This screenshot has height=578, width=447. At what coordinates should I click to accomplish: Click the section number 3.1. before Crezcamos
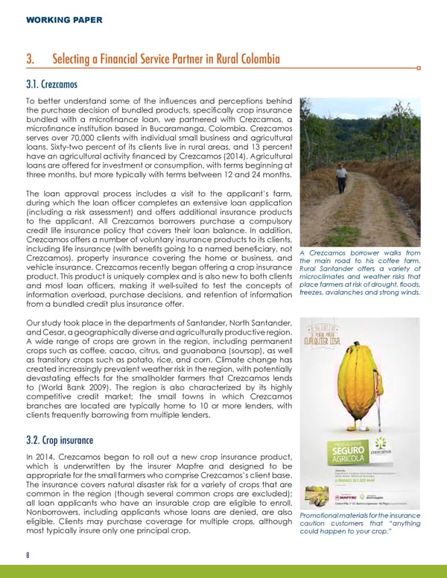tap(35, 84)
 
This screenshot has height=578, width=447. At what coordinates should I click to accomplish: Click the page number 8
tap(28, 554)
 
